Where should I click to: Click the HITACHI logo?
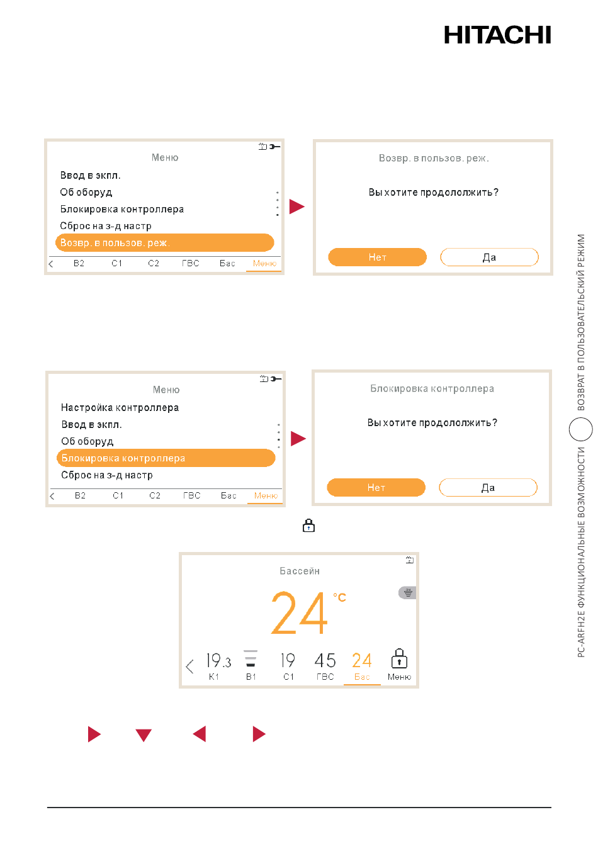(x=497, y=35)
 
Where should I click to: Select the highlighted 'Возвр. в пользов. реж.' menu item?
(x=164, y=243)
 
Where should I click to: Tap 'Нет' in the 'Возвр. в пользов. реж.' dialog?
(x=377, y=257)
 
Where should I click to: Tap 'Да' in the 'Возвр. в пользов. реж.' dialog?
(x=489, y=257)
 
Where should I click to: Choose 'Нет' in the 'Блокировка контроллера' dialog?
(x=376, y=488)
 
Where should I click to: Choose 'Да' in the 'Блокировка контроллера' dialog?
(x=488, y=488)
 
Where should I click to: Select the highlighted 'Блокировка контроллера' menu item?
(x=166, y=458)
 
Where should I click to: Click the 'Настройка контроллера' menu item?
(x=120, y=408)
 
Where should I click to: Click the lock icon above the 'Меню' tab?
(x=399, y=658)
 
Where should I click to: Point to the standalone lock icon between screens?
(x=308, y=526)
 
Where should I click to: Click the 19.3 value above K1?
(x=218, y=660)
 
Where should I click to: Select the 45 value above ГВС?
(x=325, y=660)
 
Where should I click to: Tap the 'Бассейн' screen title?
(x=300, y=571)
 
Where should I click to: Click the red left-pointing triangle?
(x=200, y=734)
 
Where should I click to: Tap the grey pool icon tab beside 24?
(x=407, y=593)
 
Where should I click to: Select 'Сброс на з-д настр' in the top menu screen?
(x=106, y=226)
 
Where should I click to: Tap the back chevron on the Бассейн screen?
(x=189, y=667)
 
